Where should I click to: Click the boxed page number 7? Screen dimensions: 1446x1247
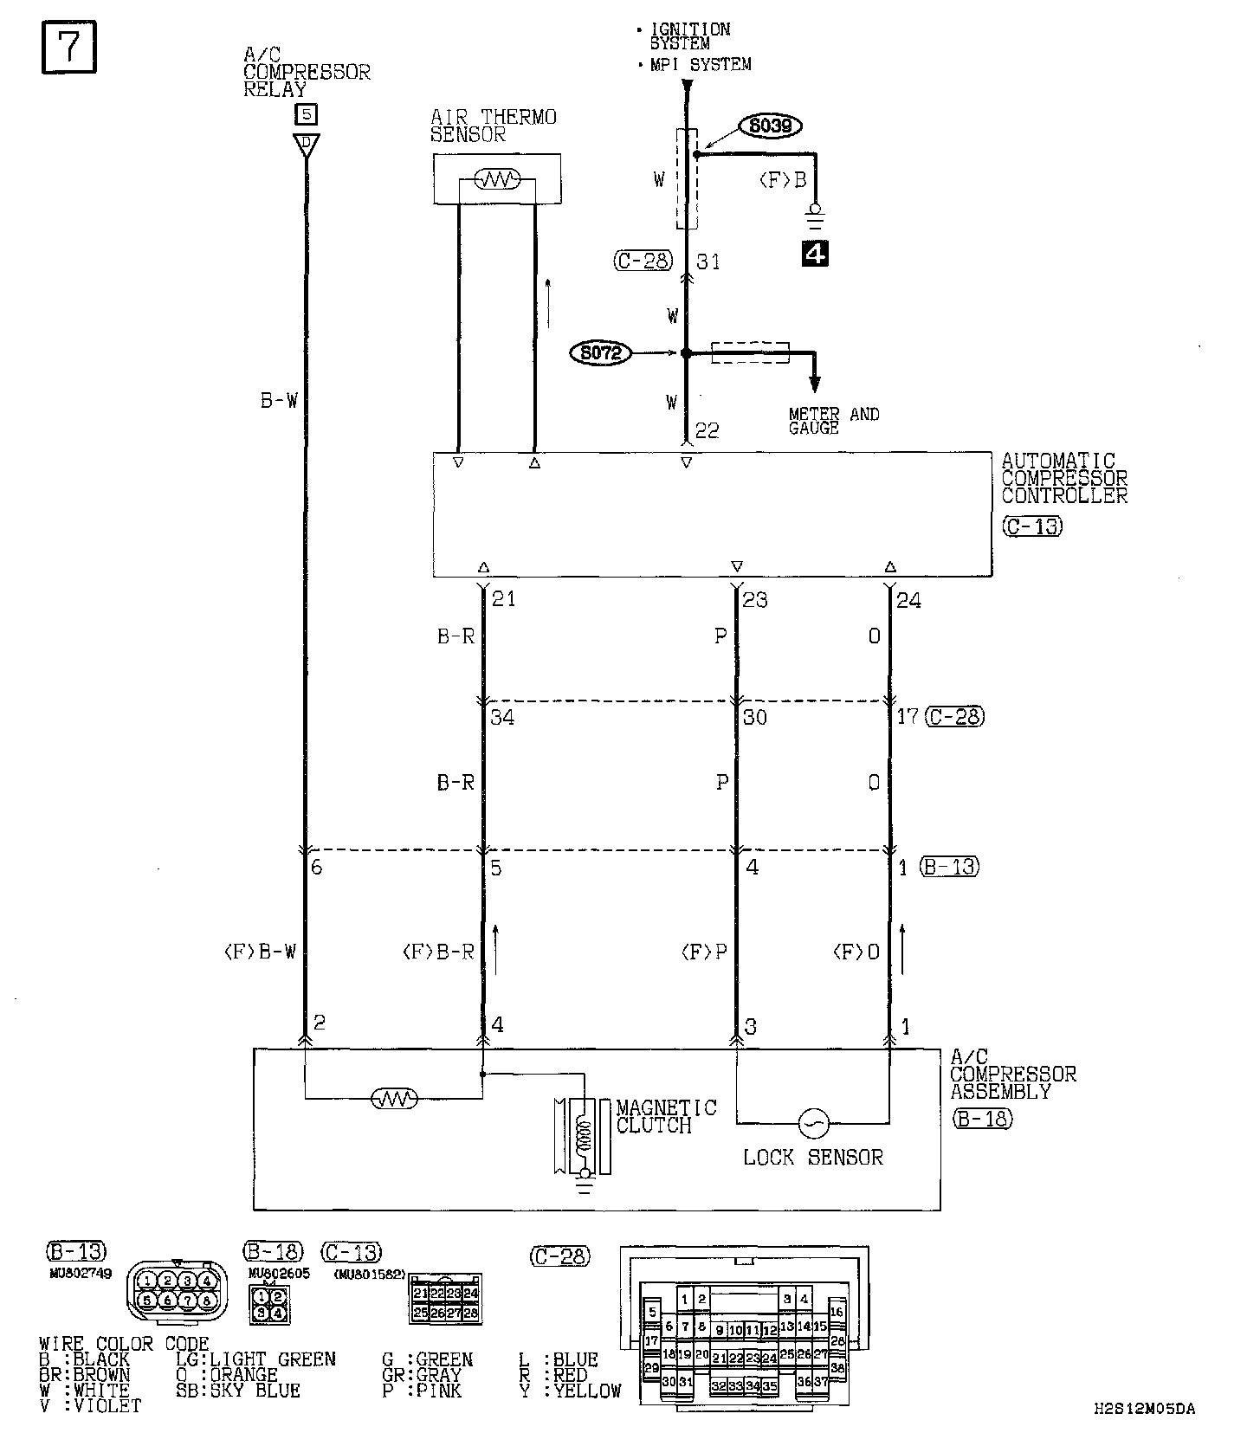coord(68,48)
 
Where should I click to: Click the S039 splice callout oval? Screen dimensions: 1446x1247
coord(770,126)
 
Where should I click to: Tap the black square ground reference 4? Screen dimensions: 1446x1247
coord(816,254)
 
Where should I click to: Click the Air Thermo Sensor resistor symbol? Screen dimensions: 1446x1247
coord(497,180)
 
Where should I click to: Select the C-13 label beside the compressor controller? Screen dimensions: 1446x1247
coord(1032,526)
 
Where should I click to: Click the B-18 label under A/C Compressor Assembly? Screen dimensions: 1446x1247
coord(982,1119)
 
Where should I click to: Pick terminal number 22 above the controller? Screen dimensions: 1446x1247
coord(707,430)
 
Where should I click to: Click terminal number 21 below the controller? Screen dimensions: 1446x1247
coord(503,598)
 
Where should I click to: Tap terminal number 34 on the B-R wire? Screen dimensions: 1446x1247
coord(502,717)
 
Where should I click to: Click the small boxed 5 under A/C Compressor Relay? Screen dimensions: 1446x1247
coord(306,113)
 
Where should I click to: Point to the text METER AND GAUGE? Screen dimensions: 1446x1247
coord(833,421)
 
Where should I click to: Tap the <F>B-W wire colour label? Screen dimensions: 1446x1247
coord(260,952)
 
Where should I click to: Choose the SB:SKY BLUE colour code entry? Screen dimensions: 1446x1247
coord(237,1391)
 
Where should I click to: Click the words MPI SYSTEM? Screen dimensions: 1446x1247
coord(701,64)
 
